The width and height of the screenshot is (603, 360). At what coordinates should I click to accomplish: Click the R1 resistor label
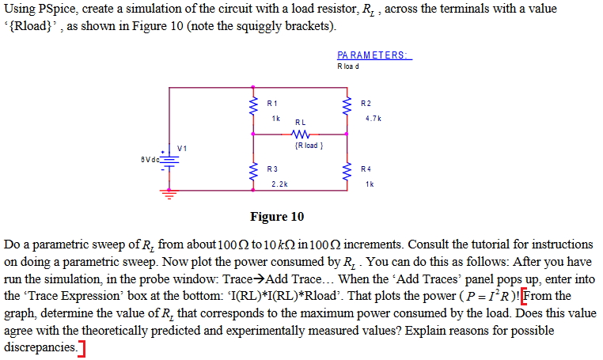click(x=272, y=103)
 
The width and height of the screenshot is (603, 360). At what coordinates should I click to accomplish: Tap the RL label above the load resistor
click(x=300, y=123)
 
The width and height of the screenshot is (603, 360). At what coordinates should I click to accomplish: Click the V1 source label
click(x=183, y=148)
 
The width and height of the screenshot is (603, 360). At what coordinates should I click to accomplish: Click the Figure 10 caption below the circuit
click(x=276, y=216)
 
